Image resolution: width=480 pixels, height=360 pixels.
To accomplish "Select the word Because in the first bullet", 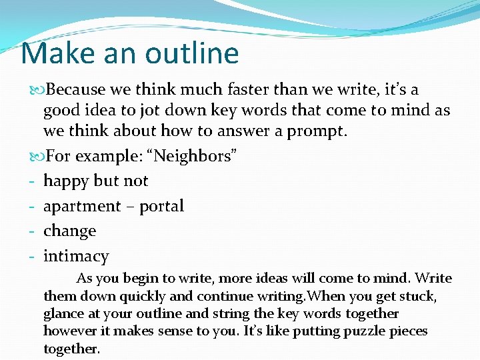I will [x=77, y=89].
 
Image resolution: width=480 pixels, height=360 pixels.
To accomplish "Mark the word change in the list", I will [x=70, y=231].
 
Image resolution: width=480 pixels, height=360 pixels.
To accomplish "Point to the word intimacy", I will [x=76, y=257].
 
